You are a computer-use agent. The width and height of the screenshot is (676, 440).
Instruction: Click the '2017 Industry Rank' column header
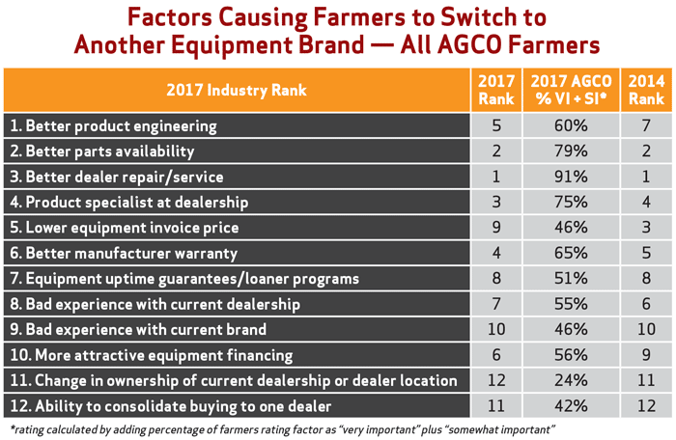click(237, 90)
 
